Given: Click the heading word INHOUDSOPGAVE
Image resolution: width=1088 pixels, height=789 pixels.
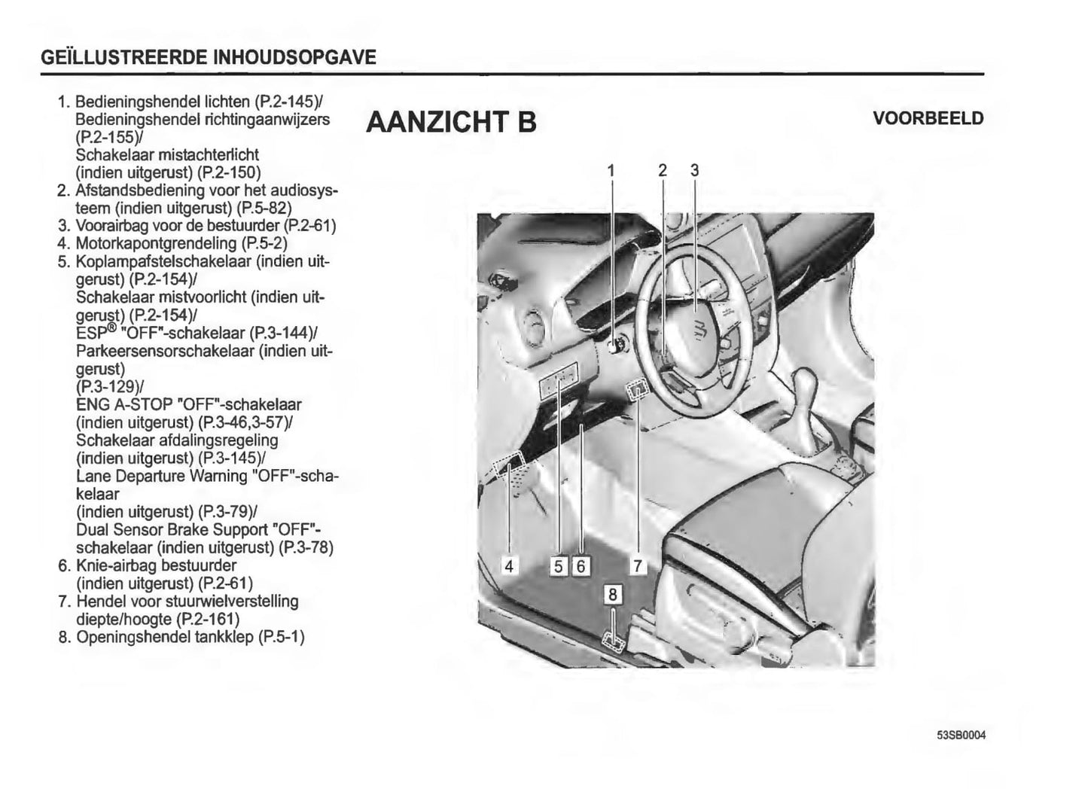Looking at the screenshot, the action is pyautogui.click(x=294, y=57).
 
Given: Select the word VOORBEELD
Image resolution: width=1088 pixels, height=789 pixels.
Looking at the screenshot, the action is pyautogui.click(x=928, y=118).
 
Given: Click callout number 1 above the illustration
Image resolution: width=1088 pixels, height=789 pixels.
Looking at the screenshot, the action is pyautogui.click(x=611, y=170).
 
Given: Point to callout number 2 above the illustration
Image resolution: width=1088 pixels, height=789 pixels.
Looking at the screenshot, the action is pyautogui.click(x=663, y=170).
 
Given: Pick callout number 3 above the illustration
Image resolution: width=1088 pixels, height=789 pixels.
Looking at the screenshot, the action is pyautogui.click(x=694, y=170).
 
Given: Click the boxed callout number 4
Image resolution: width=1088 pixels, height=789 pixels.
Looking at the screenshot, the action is pyautogui.click(x=509, y=566).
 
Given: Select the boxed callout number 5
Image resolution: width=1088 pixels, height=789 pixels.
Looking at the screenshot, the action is pyautogui.click(x=559, y=566).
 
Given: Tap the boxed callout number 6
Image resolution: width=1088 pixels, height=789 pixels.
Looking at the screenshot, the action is pyautogui.click(x=581, y=566).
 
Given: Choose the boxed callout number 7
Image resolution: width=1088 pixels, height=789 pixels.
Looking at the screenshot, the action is pyautogui.click(x=638, y=566).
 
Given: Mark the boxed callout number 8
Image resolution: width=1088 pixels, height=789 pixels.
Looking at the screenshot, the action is pyautogui.click(x=612, y=594).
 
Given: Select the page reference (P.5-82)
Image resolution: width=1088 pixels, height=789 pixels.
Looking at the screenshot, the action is pyautogui.click(x=264, y=208).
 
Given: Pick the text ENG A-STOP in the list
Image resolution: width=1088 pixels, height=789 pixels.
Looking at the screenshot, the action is pyautogui.click(x=124, y=404).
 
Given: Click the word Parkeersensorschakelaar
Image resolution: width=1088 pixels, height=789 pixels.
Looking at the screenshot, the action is pyautogui.click(x=165, y=351).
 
